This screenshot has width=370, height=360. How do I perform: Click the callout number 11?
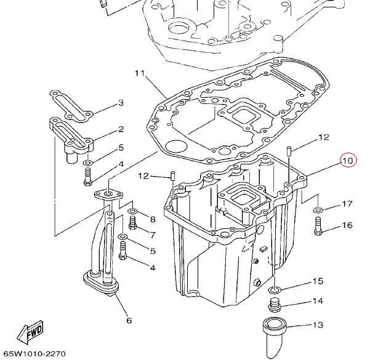(139, 74)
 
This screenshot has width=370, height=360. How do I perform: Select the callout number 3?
(121, 103)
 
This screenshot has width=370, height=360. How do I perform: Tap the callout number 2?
(121, 129)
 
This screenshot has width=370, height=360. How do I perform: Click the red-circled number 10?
(348, 161)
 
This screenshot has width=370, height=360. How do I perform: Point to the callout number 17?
(347, 204)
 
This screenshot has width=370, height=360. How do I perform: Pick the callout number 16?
(347, 225)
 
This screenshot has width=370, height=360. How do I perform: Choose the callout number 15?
(318, 281)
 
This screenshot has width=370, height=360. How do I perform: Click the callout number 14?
(318, 301)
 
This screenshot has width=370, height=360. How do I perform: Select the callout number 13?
(318, 326)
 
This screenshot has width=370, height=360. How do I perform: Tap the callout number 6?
(129, 320)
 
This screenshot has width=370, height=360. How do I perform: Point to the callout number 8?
(152, 219)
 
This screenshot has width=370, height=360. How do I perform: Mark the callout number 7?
(152, 234)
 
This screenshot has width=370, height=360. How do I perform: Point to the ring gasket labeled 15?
(275, 289)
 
